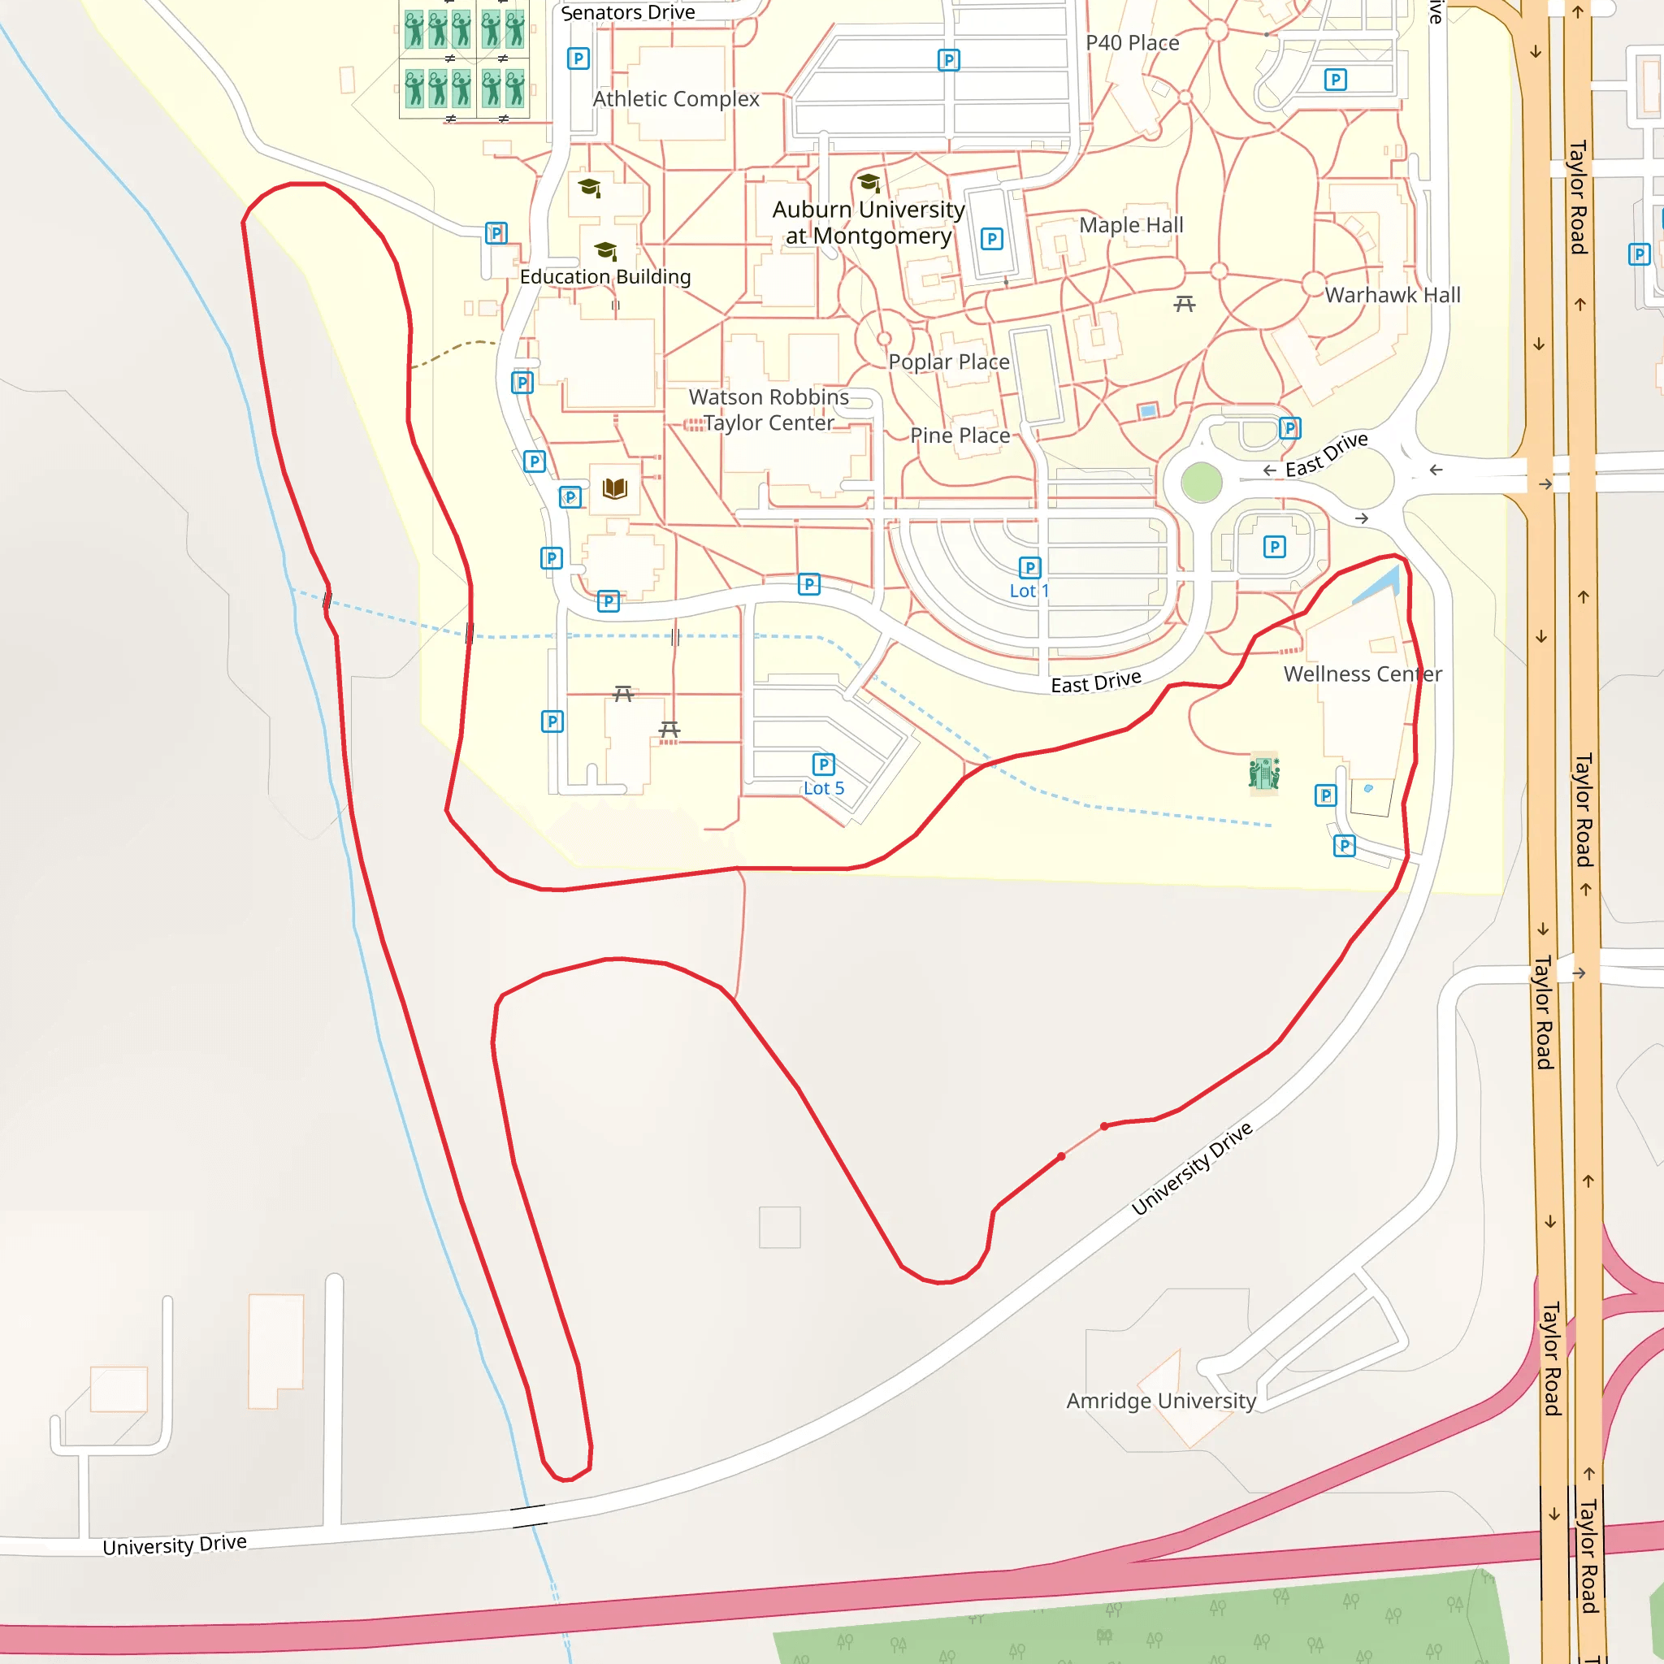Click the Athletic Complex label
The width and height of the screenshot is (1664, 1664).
[676, 99]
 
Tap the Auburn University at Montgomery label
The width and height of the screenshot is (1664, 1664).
[869, 222]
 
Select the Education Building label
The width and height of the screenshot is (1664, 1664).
[605, 276]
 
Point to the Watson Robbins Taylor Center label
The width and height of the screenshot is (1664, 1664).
[769, 410]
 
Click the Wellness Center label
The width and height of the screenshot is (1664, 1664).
[1363, 674]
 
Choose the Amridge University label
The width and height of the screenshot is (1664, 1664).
[1161, 1401]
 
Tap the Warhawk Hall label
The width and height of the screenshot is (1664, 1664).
[1393, 295]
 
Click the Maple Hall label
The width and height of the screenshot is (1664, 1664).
[1131, 225]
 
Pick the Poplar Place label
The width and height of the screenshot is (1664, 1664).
[949, 362]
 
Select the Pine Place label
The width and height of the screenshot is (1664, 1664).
[960, 435]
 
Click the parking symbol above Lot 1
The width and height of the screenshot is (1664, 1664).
[1030, 568]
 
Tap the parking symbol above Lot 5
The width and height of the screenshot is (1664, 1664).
[823, 764]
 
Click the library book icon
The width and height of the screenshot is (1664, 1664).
[615, 489]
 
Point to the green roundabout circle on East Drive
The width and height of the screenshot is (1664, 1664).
[1202, 483]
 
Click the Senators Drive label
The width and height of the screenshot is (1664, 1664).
[628, 12]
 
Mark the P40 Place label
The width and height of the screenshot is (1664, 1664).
[1132, 43]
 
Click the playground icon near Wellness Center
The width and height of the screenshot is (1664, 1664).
[1263, 773]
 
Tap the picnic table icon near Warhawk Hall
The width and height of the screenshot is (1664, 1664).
[1185, 303]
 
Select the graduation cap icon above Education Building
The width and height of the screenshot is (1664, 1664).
[605, 249]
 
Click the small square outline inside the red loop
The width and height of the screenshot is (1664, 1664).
[779, 1228]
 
